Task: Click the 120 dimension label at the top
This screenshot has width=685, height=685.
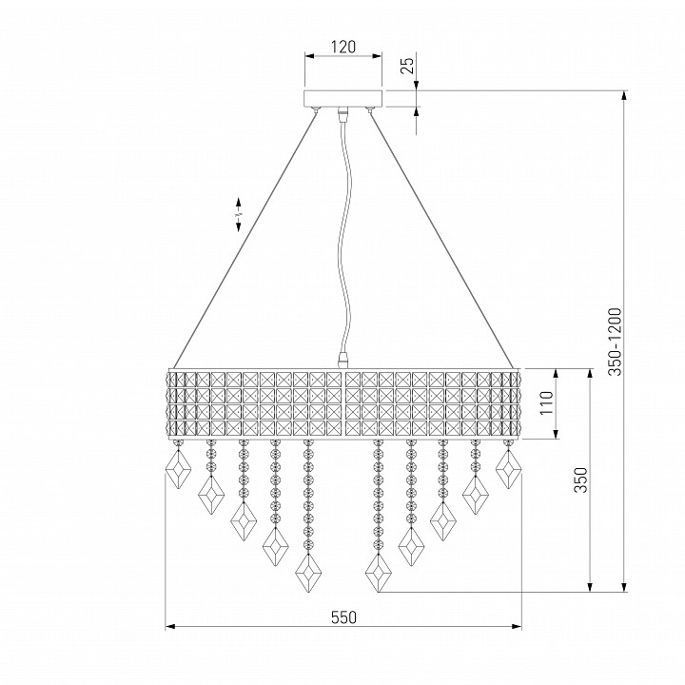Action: tap(343, 47)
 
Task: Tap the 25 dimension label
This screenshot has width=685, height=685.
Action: tap(407, 66)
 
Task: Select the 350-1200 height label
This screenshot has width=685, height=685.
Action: tap(615, 342)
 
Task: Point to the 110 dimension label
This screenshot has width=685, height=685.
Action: tap(546, 402)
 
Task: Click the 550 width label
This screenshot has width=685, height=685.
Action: tap(343, 617)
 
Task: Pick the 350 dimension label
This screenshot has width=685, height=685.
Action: tap(580, 479)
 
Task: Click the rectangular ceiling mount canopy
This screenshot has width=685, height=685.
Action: tap(343, 98)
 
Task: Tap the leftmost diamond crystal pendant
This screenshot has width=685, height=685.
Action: tap(178, 469)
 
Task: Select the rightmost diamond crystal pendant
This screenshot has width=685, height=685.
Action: tap(508, 469)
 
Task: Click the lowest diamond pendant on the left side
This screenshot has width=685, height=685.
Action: tap(308, 573)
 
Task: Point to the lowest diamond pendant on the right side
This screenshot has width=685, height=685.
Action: tap(379, 573)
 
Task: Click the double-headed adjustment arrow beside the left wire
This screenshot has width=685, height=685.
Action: tap(239, 214)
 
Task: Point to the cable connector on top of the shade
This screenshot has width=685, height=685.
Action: tap(343, 362)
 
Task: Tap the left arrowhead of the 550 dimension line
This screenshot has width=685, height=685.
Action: tap(170, 627)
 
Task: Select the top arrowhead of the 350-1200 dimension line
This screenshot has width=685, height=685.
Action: tap(624, 96)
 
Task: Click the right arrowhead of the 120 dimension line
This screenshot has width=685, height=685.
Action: tap(378, 56)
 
